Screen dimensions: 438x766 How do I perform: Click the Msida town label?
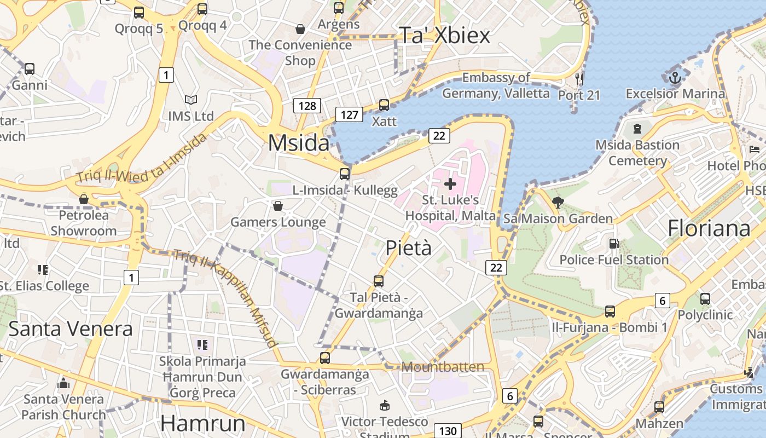(299, 143)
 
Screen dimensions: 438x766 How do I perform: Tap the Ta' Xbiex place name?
(444, 35)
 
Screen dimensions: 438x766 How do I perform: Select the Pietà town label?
(408, 248)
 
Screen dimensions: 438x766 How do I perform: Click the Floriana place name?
(709, 228)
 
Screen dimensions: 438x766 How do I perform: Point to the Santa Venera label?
(71, 328)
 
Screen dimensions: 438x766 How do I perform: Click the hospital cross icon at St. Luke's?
(450, 184)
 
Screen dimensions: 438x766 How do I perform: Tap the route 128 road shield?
(307, 106)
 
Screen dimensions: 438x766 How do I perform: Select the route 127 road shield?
(349, 114)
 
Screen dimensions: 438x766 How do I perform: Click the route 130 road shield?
(448, 431)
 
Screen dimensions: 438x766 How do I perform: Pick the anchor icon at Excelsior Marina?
(675, 77)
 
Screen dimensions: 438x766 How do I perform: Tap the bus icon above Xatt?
(384, 105)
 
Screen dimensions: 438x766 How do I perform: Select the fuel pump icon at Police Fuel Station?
(614, 243)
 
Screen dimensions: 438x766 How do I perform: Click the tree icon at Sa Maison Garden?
(558, 203)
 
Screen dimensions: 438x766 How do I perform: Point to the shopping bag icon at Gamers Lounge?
(278, 206)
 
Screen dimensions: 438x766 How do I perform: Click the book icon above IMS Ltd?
(190, 100)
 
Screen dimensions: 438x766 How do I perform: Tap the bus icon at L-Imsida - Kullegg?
(345, 174)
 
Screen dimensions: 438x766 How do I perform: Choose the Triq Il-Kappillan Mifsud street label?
(225, 298)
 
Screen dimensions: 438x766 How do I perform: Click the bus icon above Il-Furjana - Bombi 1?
(610, 311)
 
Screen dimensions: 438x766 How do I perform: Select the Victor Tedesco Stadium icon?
(385, 406)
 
